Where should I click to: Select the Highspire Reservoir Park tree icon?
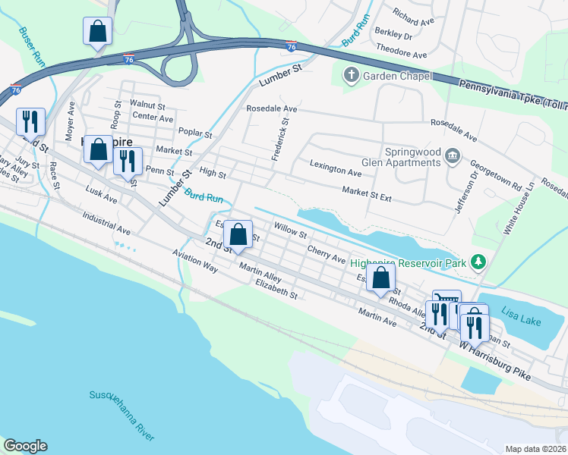tap(478, 262)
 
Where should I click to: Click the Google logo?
tap(25, 446)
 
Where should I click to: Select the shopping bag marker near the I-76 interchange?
tap(98, 32)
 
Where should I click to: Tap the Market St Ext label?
tap(366, 194)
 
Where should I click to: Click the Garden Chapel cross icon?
tap(351, 75)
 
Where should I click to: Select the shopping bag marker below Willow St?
tap(238, 235)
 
